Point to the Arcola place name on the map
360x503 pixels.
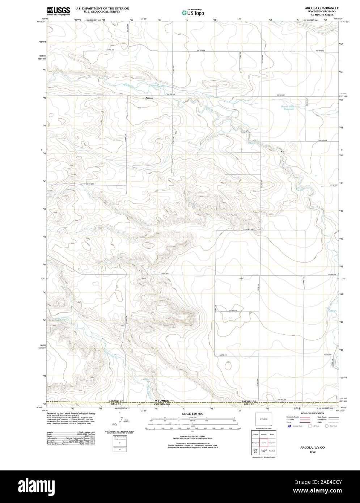[149, 98]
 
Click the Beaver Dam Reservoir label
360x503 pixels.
[288, 108]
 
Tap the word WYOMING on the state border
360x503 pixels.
[162, 401]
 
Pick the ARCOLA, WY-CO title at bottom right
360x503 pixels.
[309, 448]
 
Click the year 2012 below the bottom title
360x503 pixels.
[309, 452]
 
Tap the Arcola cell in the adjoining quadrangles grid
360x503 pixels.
[264, 443]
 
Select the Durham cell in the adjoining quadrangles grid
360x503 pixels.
[255, 434]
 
